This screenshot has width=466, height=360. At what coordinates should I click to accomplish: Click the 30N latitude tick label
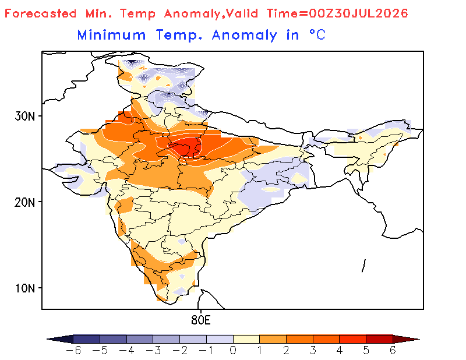24,117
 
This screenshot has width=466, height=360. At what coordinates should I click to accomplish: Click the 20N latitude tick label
24,203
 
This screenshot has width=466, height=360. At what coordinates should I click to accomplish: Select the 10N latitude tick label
24,288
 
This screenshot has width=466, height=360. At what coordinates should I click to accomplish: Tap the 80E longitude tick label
201,320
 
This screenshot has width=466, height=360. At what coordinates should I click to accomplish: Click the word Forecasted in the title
41,13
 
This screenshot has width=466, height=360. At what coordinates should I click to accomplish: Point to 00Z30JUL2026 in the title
358,13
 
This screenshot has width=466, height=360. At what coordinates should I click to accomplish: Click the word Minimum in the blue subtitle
111,35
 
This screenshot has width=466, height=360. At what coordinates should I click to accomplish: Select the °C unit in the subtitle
317,35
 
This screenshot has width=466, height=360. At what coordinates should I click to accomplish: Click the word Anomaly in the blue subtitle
244,36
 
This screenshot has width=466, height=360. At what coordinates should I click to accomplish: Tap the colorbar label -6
73,351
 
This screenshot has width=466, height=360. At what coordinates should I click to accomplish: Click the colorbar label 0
233,351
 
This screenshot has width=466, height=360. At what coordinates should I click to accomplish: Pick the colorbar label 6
393,351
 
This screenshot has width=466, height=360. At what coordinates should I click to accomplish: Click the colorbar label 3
313,351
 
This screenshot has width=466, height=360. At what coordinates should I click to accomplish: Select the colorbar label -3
153,351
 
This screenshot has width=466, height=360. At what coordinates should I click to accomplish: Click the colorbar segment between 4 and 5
353,339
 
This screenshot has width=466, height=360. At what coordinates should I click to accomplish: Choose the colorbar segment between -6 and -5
86,339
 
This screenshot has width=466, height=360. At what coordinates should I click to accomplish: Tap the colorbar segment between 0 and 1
246,339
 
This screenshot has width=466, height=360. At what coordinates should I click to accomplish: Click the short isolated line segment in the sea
363,266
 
